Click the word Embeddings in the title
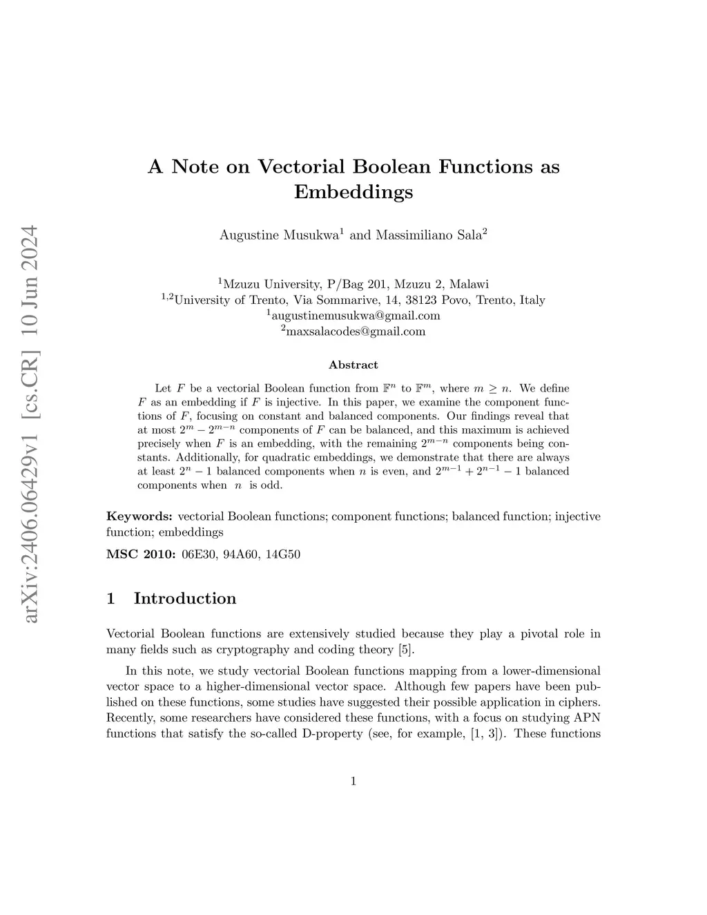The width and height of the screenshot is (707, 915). coord(353,191)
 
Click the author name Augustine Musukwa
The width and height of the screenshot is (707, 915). coord(278,235)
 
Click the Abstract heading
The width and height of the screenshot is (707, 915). coord(353,365)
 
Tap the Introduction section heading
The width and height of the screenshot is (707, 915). coord(184,598)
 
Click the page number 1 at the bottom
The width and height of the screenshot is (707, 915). coord(353,782)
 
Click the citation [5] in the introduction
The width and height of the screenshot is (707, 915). coord(406,650)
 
